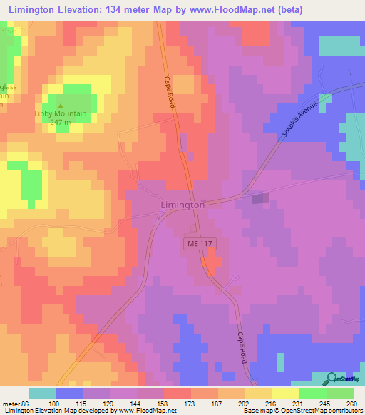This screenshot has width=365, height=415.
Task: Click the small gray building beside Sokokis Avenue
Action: tap(259, 198)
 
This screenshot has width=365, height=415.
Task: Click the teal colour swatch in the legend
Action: tap(41, 393)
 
